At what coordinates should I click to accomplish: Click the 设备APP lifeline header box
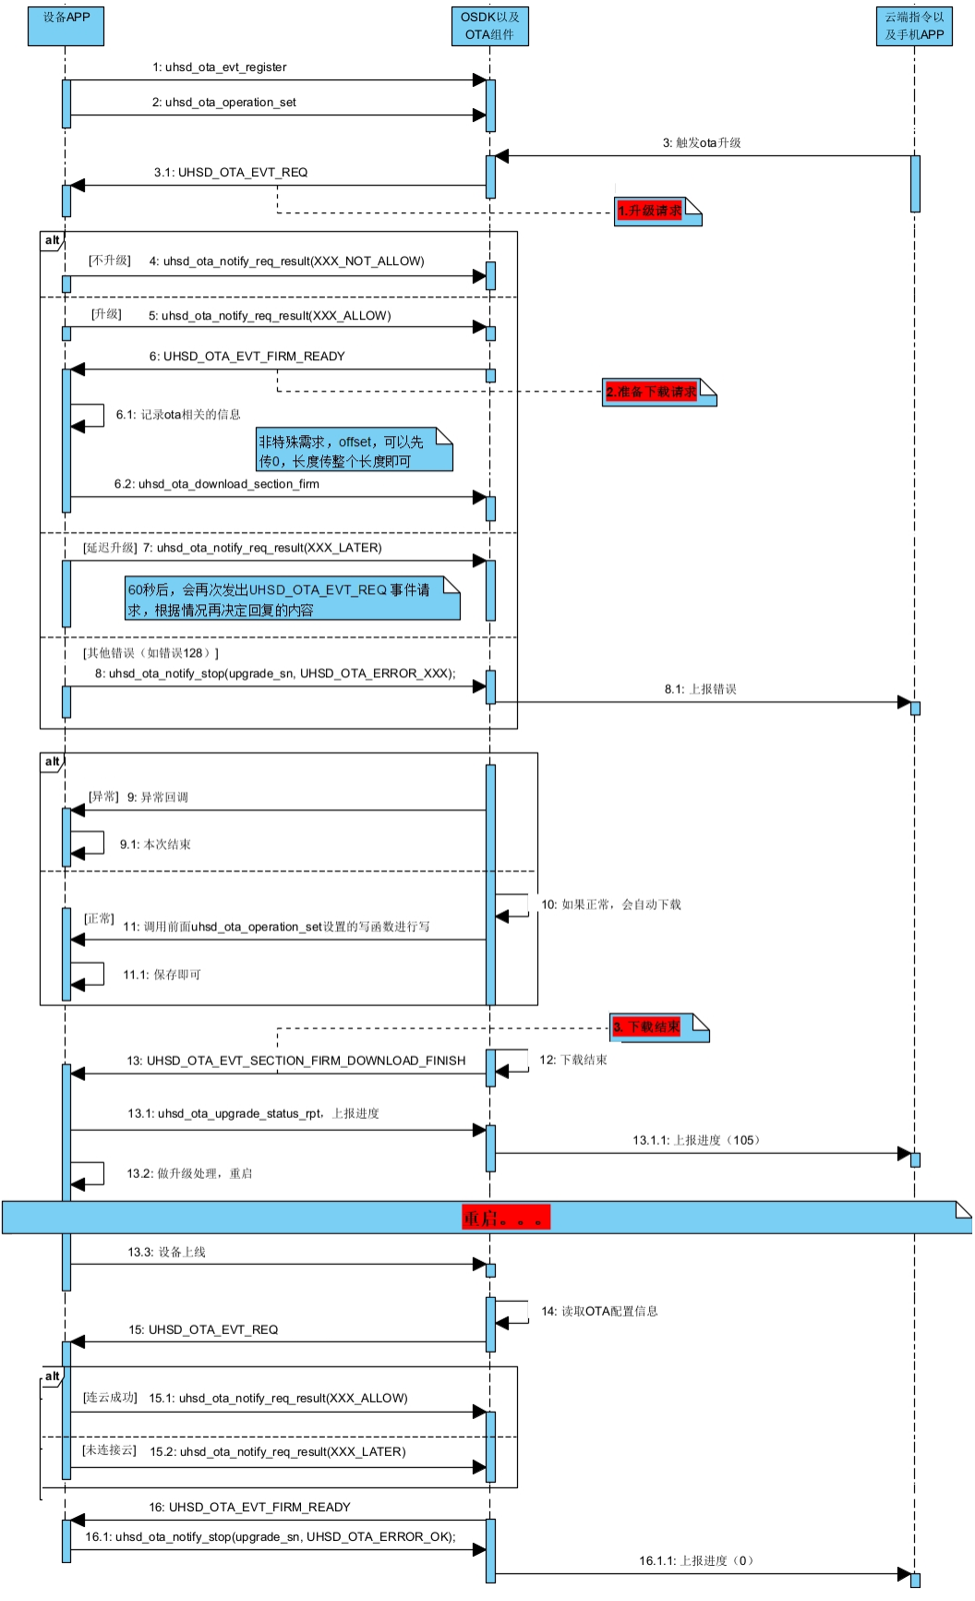point(66,26)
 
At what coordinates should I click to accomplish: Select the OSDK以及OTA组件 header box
point(489,26)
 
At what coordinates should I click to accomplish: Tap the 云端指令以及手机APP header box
point(914,26)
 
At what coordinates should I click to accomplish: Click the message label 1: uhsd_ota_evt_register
point(220,67)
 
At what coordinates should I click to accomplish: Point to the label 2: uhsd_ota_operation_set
point(224,103)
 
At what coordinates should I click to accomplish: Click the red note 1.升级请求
point(650,211)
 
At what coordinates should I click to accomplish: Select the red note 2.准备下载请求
point(652,392)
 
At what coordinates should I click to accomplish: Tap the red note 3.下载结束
point(647,1026)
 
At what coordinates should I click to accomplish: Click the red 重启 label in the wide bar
point(506,1218)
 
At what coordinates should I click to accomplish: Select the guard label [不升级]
point(110,261)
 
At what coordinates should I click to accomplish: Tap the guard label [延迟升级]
point(110,548)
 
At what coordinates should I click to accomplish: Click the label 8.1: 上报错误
point(700,689)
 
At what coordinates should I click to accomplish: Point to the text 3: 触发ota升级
point(702,143)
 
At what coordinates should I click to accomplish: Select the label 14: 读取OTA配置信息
point(599,1311)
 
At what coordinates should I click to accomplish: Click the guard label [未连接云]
point(109,1450)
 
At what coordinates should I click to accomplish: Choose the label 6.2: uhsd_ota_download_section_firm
point(217,484)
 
